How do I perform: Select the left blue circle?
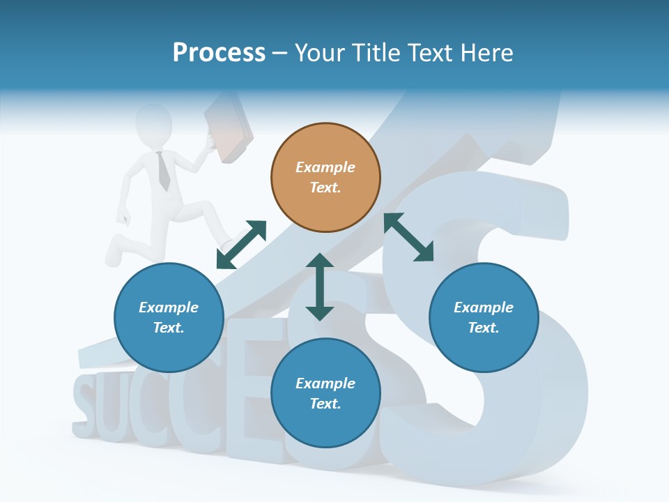tap(169, 317)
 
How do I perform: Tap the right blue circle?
tap(484, 317)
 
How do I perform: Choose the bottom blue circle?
tap(325, 393)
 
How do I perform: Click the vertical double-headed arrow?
tap(320, 287)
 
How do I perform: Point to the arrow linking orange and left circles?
tap(241, 245)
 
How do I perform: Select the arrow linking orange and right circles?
tap(408, 237)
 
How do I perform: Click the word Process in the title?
tap(219, 52)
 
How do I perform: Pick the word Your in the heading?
tap(320, 52)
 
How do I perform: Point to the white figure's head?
tap(154, 121)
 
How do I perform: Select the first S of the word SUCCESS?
tap(82, 402)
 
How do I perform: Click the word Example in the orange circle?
tap(325, 167)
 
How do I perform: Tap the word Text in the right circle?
tap(482, 328)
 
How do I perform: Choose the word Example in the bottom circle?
tap(325, 383)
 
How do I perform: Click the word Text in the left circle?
tap(168, 328)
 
